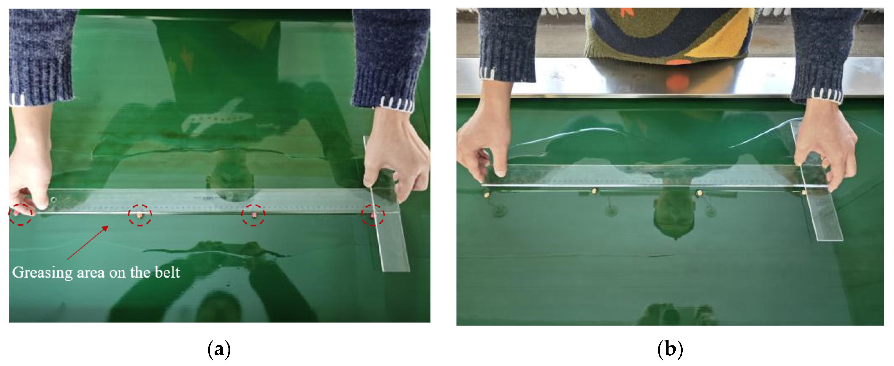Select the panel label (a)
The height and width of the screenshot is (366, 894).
click(x=219, y=349)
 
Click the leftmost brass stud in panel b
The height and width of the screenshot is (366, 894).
click(x=487, y=195)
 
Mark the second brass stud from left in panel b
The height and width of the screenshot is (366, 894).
click(x=594, y=191)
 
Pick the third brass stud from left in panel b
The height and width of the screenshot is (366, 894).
click(x=700, y=192)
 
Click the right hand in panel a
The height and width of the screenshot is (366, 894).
click(x=396, y=153)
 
